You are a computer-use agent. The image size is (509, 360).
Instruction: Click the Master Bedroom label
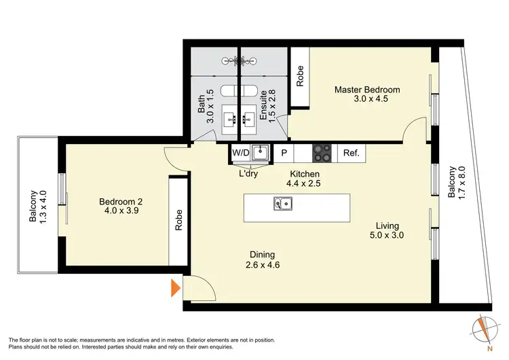coord(366,94)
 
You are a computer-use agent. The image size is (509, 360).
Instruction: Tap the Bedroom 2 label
coord(121,206)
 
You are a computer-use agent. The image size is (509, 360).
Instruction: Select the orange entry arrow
coord(175,288)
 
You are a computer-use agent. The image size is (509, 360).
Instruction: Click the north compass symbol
coord(483,331)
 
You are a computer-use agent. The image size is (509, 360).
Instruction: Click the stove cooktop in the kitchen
coord(322,154)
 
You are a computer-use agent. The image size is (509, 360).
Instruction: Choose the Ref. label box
coord(351,154)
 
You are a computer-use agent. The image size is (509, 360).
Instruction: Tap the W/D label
coord(240,154)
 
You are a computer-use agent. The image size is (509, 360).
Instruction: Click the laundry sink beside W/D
coord(260,154)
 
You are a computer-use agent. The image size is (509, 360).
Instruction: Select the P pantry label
coord(284,154)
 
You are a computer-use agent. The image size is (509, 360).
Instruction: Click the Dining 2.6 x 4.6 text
coord(263,259)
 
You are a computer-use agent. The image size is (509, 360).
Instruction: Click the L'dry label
coord(248,173)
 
